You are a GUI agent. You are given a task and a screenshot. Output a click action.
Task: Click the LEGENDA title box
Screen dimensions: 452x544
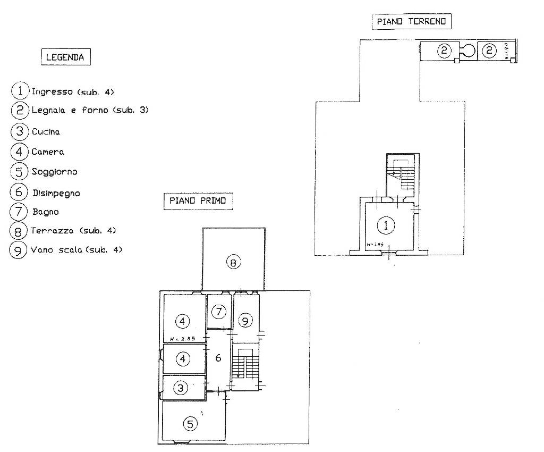(x=65, y=57)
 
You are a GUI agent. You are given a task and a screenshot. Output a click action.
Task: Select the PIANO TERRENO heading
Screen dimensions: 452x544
(x=411, y=22)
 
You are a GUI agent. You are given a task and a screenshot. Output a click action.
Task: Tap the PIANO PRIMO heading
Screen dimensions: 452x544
(x=198, y=200)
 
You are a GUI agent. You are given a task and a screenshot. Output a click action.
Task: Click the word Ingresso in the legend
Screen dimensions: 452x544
(x=52, y=91)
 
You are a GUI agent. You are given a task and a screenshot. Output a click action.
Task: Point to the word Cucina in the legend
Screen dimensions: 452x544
(x=46, y=131)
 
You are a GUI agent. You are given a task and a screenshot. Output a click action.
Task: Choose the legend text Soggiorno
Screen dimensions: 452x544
(x=54, y=172)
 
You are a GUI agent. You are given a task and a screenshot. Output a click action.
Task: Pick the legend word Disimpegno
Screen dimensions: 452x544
(x=56, y=193)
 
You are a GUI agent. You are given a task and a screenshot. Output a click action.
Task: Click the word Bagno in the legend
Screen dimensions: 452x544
(x=45, y=212)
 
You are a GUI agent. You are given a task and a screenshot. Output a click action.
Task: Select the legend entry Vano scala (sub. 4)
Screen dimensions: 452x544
(x=76, y=249)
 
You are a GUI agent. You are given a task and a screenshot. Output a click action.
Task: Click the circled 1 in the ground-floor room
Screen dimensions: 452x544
(x=386, y=225)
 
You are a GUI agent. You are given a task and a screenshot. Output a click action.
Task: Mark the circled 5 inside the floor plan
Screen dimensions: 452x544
(x=190, y=423)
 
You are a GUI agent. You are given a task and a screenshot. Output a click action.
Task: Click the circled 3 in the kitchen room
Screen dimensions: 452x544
(x=182, y=388)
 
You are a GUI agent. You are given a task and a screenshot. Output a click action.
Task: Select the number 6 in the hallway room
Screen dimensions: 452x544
(x=218, y=358)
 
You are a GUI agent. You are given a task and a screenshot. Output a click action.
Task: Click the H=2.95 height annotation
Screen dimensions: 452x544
(x=374, y=245)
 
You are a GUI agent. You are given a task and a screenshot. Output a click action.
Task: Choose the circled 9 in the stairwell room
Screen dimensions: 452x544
(x=245, y=321)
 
